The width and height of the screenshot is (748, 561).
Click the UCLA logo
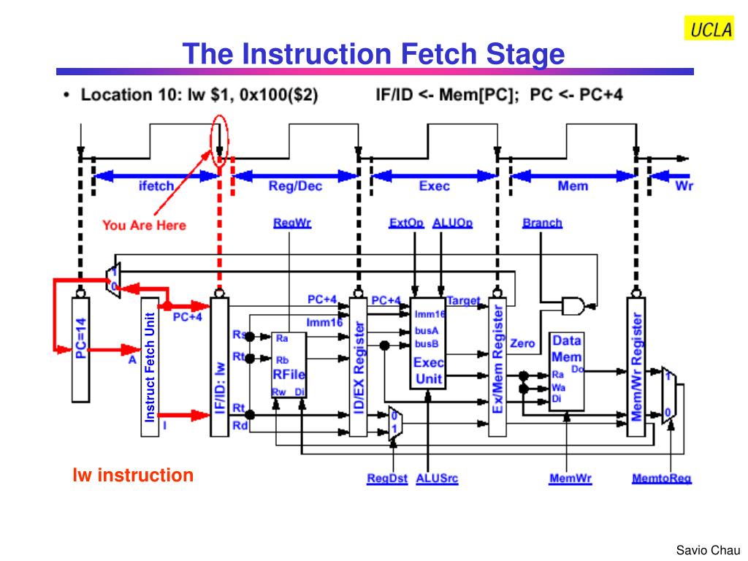coord(709,28)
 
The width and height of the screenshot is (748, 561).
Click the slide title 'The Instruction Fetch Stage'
coord(373,54)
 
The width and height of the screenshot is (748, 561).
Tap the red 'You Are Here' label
coord(144,225)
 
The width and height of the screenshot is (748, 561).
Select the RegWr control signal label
coord(292,223)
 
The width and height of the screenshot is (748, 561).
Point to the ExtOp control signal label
coord(406,223)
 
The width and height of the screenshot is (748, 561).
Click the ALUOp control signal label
coord(452,223)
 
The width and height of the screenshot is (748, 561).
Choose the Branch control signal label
coord(542,223)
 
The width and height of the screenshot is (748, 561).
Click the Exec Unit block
coord(429,343)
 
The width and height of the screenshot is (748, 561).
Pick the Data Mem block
coord(567,371)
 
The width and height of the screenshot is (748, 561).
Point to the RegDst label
coord(387,479)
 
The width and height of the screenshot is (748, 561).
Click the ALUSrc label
coord(437,479)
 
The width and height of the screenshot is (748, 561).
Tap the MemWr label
coord(570,479)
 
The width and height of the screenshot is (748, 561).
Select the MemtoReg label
coord(661,479)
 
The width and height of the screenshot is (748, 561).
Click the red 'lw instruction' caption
coord(133,476)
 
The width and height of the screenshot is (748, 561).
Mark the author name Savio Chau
coord(708,550)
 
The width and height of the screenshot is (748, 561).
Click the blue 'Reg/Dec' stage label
coord(295,186)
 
